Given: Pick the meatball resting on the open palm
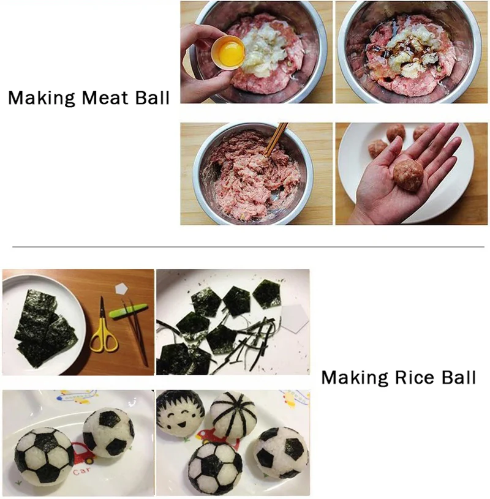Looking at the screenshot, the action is tap(408, 175).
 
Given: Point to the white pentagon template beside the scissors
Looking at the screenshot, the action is tap(121, 288).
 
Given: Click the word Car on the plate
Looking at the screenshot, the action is tap(81, 471).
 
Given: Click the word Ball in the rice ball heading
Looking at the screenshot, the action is tap(459, 377).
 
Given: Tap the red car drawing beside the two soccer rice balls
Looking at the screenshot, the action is tap(83, 452).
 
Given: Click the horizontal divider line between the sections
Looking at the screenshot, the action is tap(248, 247).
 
